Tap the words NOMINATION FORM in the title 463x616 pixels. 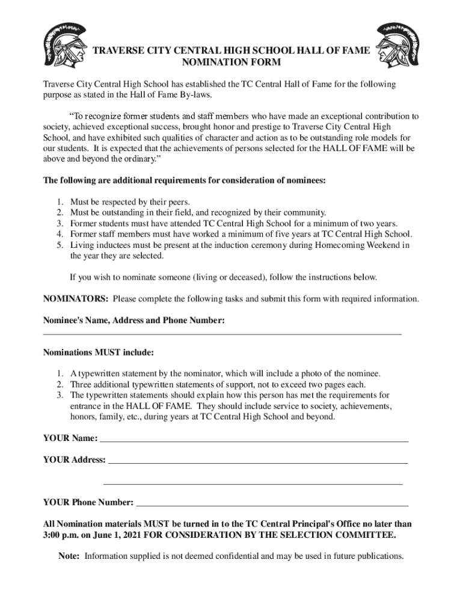(231, 63)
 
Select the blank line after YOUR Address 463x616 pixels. (257, 463)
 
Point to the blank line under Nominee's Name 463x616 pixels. (222, 333)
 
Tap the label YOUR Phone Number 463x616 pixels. (88, 502)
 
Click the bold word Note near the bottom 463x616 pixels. (69, 556)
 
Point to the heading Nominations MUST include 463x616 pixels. (98, 352)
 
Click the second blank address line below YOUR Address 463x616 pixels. (253, 484)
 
